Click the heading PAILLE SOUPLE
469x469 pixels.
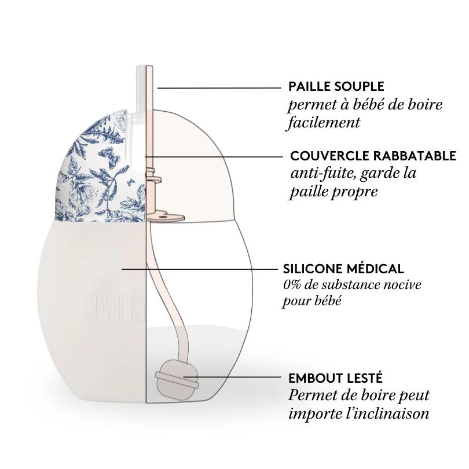pos(336,87)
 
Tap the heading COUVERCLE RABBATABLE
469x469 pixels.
pos(373,156)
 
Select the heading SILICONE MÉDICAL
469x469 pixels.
pos(343,269)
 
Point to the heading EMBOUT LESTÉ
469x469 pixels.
pos(335,379)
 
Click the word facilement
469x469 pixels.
pos(324,123)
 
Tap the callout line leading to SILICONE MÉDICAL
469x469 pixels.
pos(203,269)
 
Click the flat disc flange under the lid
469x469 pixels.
pos(165,215)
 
